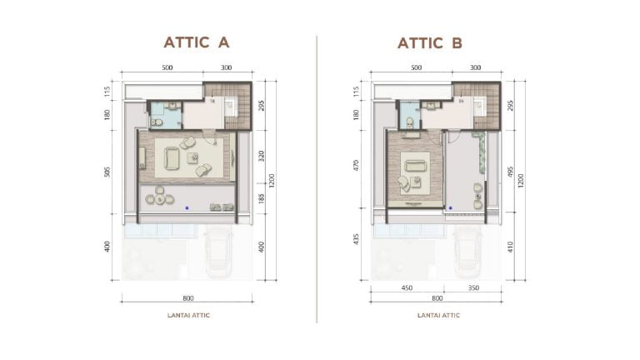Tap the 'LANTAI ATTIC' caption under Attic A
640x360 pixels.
tap(187, 315)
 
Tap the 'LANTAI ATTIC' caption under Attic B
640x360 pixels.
tap(436, 315)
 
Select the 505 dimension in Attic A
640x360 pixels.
tap(109, 172)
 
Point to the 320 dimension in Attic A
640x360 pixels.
tap(262, 154)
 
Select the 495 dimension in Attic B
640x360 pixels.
tap(510, 171)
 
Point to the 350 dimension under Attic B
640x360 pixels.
tap(472, 288)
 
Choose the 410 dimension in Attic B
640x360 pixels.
tap(510, 247)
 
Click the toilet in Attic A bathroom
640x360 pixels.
tap(156, 122)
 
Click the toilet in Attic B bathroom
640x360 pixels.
tap(408, 122)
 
